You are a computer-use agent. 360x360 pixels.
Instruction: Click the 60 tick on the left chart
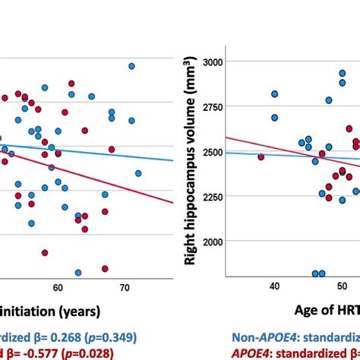[x=58, y=288]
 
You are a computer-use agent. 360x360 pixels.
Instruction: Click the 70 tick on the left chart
[x=125, y=288]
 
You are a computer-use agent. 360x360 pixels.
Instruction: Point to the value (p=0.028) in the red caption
[x=85, y=353]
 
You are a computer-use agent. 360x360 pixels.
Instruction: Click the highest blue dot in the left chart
[x=131, y=66]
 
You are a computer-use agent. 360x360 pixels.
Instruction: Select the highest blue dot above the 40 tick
[x=274, y=93]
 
